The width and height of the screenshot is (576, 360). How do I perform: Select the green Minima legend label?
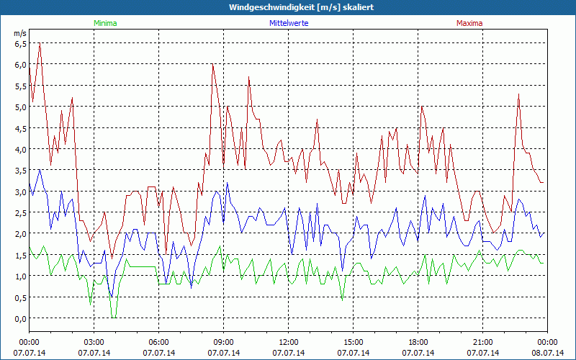click(x=105, y=23)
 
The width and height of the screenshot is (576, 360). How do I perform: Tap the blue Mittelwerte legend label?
click(x=289, y=23)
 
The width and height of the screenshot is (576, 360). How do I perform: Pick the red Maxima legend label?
click(x=469, y=23)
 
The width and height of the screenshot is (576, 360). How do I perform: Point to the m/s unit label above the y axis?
click(x=19, y=34)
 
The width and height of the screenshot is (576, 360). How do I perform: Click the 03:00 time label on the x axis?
click(x=94, y=343)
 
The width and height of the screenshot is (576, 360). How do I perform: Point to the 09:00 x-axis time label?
click(x=224, y=343)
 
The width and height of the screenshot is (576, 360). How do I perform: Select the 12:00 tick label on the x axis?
click(x=289, y=343)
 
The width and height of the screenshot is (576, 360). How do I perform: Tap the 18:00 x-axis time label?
click(x=418, y=343)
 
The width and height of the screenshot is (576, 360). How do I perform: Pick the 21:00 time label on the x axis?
click(x=483, y=343)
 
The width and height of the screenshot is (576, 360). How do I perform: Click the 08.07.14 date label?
click(x=548, y=353)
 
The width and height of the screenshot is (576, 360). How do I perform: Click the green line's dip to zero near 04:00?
click(x=114, y=317)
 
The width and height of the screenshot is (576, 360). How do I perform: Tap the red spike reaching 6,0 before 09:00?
click(x=213, y=66)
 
